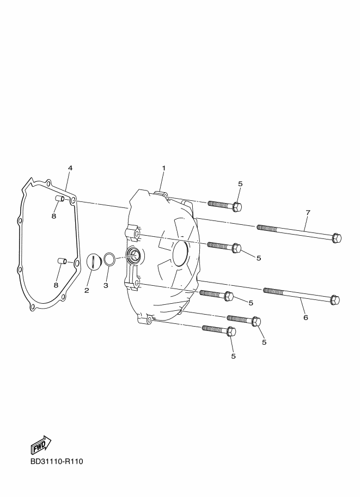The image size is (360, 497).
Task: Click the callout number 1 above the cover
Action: click(x=164, y=168)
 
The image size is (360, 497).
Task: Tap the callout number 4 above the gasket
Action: click(x=70, y=168)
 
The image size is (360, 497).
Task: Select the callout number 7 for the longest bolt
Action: click(x=308, y=212)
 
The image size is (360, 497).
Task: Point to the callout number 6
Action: click(x=306, y=317)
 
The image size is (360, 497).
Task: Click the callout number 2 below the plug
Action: click(x=87, y=290)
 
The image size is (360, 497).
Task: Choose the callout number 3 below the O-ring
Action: click(x=106, y=286)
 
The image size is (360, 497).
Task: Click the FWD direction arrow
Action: click(x=41, y=445)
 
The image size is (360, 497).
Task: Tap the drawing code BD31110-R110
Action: click(x=57, y=461)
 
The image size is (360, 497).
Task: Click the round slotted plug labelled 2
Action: click(x=93, y=261)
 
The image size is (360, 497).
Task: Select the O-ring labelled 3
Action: click(x=109, y=259)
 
